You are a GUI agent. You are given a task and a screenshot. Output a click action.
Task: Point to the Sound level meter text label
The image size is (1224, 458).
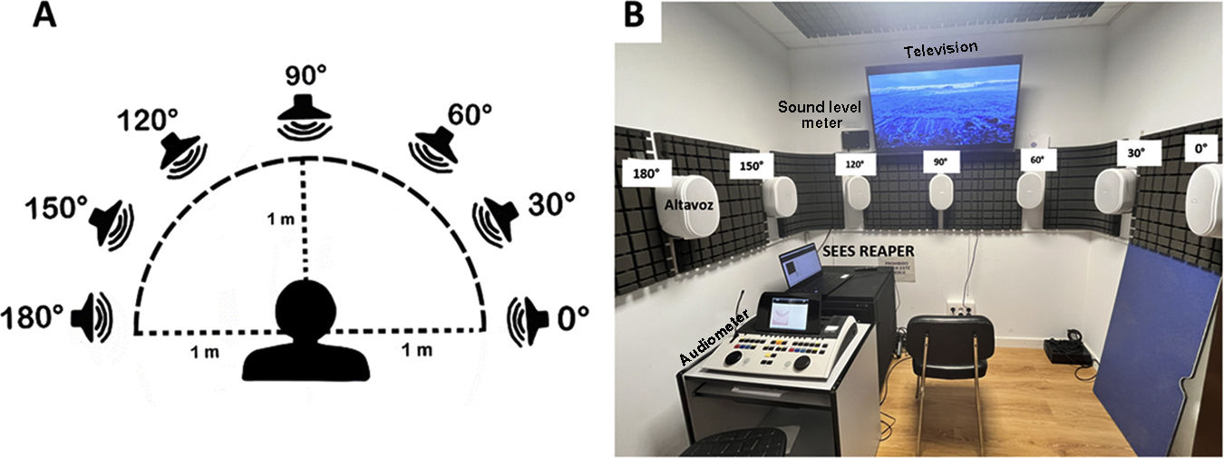(811, 113)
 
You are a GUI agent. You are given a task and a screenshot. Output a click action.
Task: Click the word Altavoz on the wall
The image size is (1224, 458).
(693, 207)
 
